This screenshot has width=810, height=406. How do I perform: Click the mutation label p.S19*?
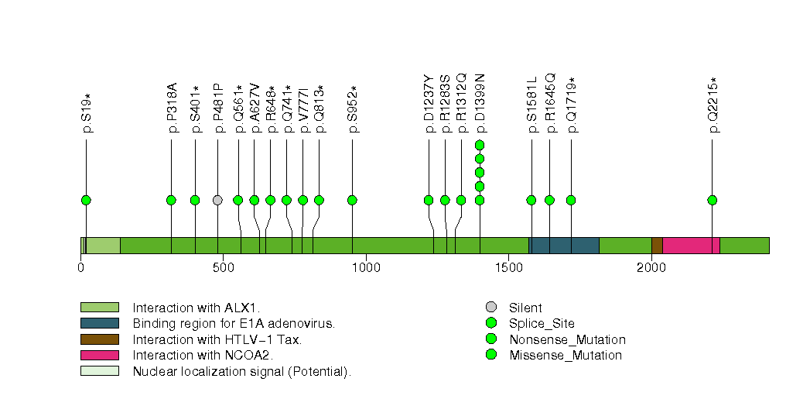87,113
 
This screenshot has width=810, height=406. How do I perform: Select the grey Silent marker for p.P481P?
217,200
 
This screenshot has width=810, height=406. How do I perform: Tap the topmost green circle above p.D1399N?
480,145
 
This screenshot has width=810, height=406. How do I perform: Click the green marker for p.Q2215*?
712,200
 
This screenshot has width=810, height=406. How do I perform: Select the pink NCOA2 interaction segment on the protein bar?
691,245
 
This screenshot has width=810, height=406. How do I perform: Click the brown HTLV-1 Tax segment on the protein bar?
657,245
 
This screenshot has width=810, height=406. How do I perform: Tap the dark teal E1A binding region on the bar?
563,245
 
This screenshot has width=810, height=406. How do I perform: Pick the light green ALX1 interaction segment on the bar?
102,245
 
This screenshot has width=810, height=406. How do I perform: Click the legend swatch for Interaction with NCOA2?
100,355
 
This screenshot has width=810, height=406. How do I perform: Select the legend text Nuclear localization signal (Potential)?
242,371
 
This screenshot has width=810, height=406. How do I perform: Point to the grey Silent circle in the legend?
490,308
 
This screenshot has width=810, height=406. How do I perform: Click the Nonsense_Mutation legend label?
567,339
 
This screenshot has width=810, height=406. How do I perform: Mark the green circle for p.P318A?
171,200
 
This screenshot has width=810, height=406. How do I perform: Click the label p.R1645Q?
550,104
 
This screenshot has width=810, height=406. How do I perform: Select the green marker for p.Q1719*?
571,200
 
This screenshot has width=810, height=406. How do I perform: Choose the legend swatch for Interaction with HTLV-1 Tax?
100,339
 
